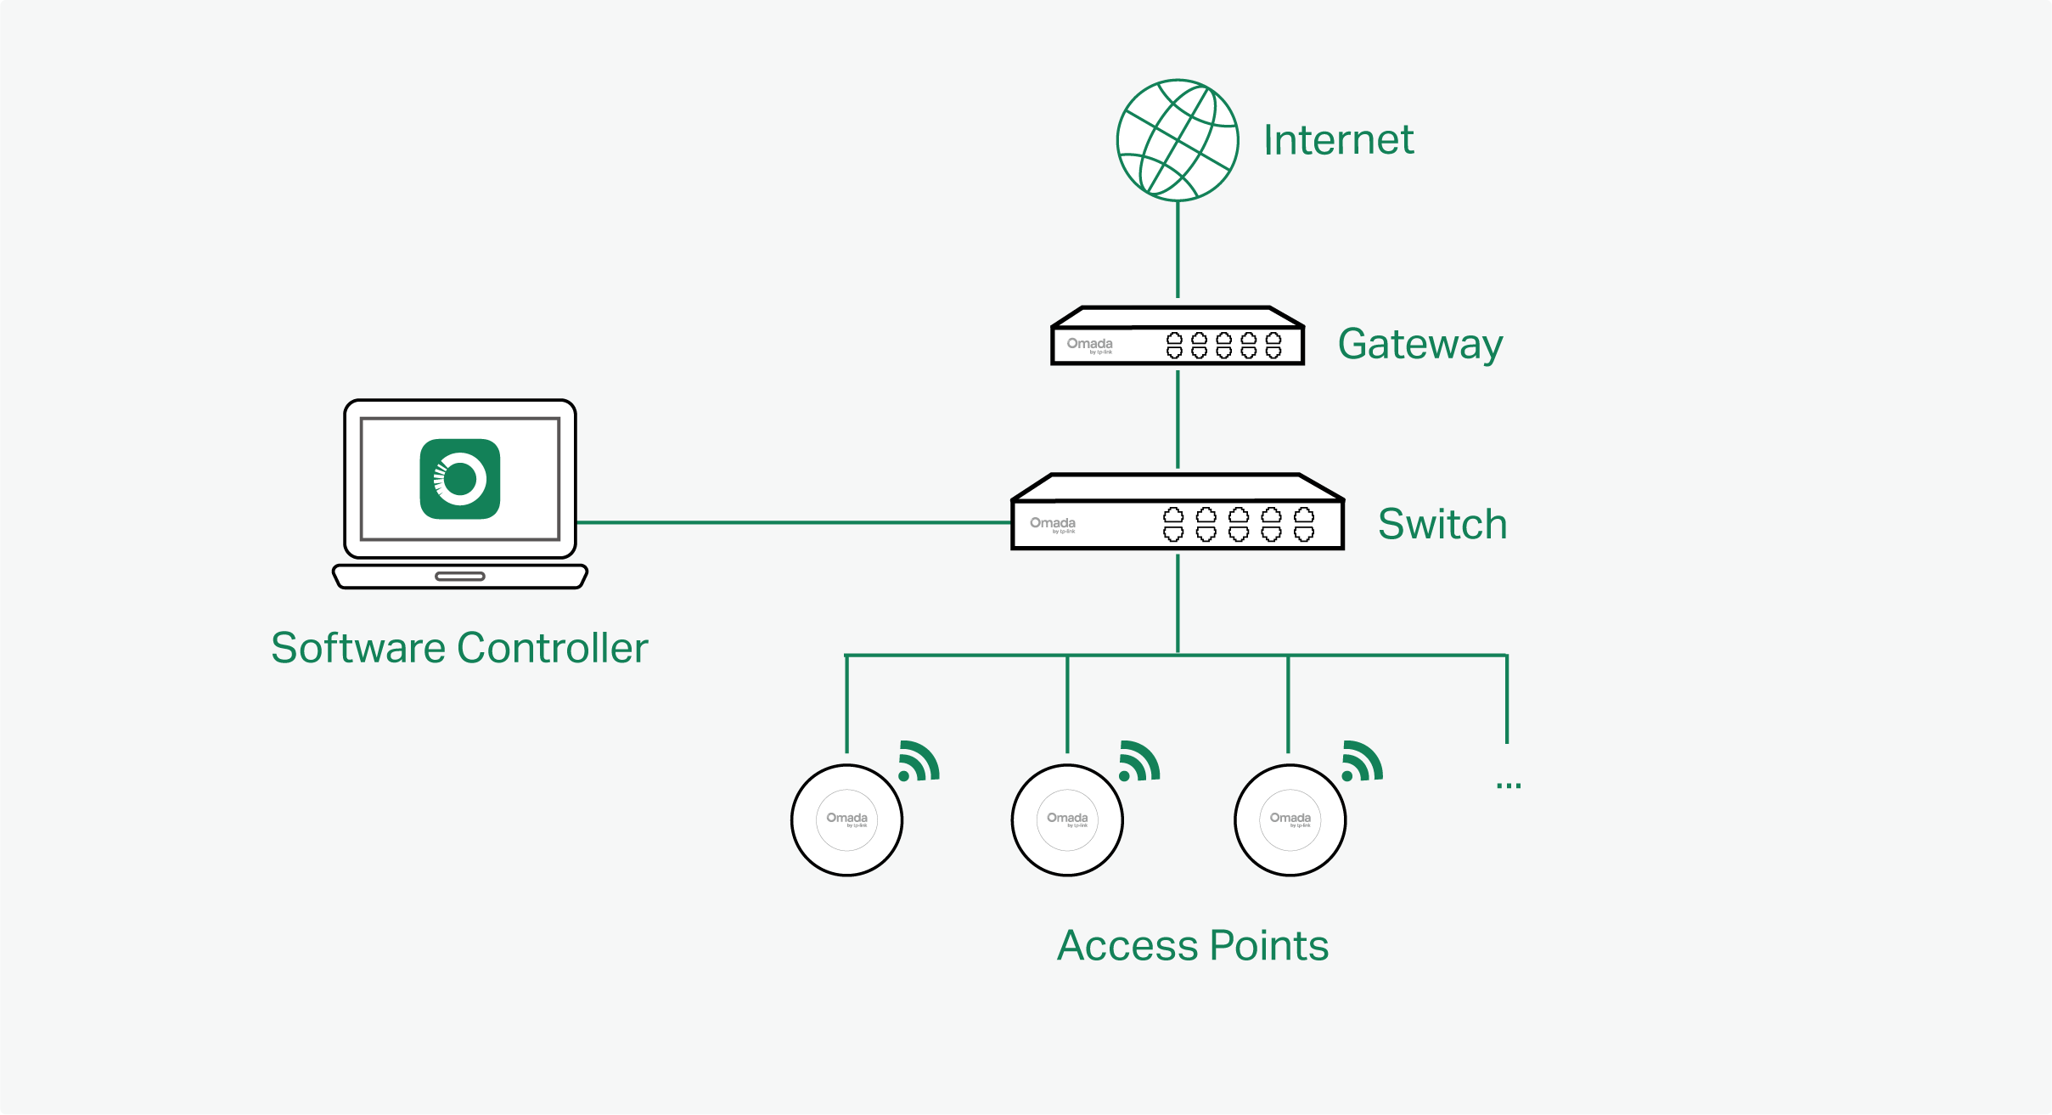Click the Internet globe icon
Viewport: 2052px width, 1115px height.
[x=1177, y=140]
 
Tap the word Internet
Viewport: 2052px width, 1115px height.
[x=1338, y=140]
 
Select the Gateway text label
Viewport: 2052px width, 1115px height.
[x=1420, y=345]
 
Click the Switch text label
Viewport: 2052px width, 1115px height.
[x=1442, y=524]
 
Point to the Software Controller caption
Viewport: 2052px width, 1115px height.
[x=459, y=648]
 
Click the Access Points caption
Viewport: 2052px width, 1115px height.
[x=1192, y=945]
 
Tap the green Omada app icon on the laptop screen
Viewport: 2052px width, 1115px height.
[x=460, y=479]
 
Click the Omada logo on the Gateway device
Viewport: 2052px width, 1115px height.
[x=1089, y=344]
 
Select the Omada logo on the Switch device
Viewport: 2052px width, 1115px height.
[x=1053, y=523]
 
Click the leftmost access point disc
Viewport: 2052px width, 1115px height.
[x=846, y=819]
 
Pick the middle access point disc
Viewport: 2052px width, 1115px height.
[x=1067, y=819]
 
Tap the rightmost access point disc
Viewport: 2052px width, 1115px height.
[x=1290, y=819]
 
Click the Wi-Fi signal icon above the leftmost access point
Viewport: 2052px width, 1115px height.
[x=918, y=762]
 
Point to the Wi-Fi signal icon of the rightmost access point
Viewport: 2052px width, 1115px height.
[x=1361, y=762]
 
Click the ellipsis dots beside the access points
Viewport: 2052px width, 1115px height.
[x=1509, y=786]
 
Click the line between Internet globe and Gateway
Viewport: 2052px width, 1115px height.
[x=1178, y=251]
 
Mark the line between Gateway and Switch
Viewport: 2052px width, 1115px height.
[x=1178, y=419]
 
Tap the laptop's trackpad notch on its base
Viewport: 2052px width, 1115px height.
[x=459, y=577]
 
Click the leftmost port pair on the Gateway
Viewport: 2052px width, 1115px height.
[x=1174, y=346]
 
